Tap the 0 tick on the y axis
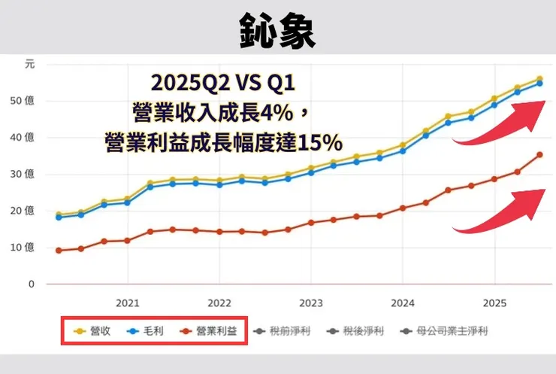click(x=31, y=284)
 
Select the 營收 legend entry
click(x=94, y=330)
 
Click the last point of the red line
click(x=539, y=155)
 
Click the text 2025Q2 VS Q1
click(x=228, y=81)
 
